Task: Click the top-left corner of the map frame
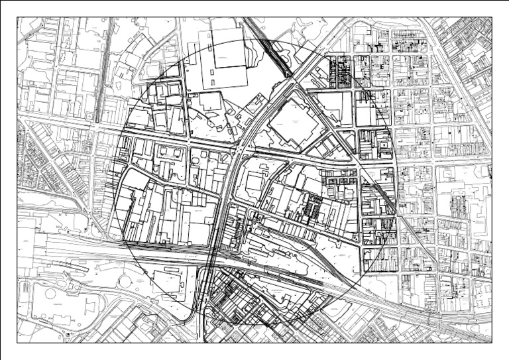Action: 17,18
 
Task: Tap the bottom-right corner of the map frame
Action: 492,342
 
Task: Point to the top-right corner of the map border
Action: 492,18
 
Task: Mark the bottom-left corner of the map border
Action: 17,342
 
